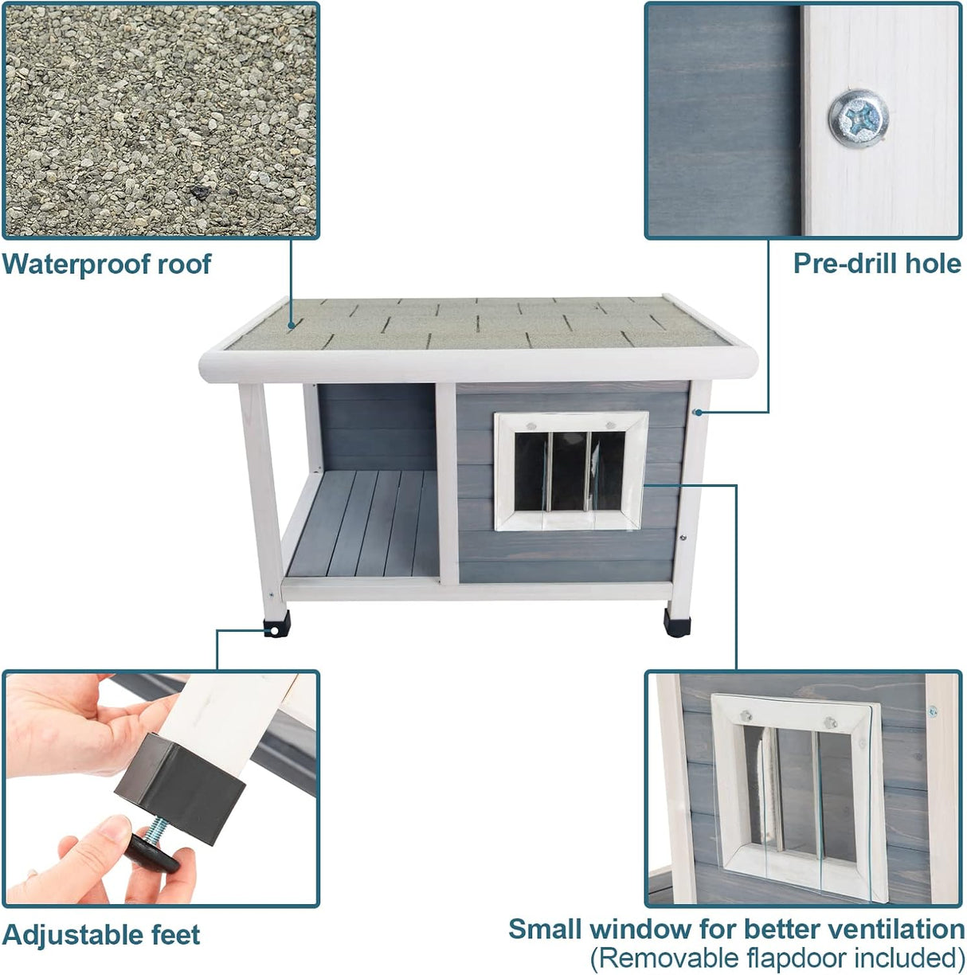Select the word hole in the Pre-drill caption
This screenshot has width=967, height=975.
(x=931, y=264)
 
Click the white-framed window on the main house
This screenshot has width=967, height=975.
(x=570, y=470)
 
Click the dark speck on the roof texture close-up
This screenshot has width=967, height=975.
(x=197, y=191)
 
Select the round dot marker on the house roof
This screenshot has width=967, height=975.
(x=292, y=325)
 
